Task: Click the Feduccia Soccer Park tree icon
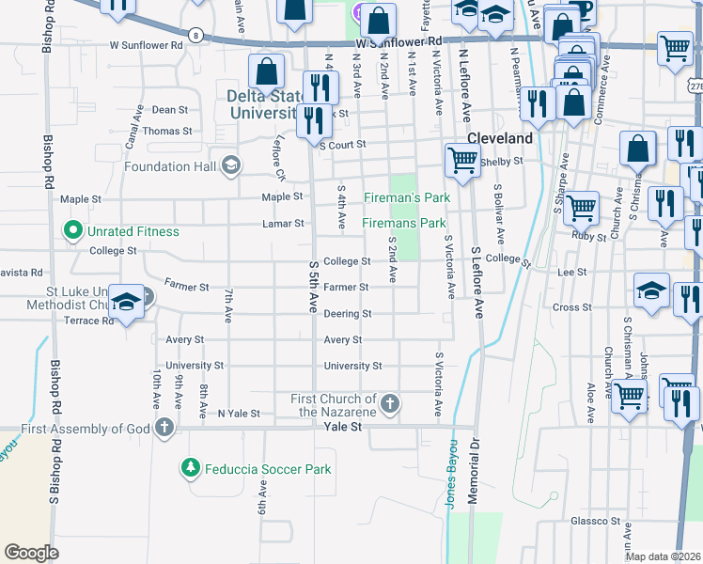[190, 467]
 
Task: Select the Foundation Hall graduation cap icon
[230, 166]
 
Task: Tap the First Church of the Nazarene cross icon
[390, 405]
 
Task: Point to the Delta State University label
[262, 103]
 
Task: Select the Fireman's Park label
[407, 197]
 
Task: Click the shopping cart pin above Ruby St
[582, 207]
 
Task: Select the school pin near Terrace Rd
[127, 301]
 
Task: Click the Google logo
[31, 553]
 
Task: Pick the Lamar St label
[285, 224]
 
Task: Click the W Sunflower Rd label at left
[146, 44]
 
